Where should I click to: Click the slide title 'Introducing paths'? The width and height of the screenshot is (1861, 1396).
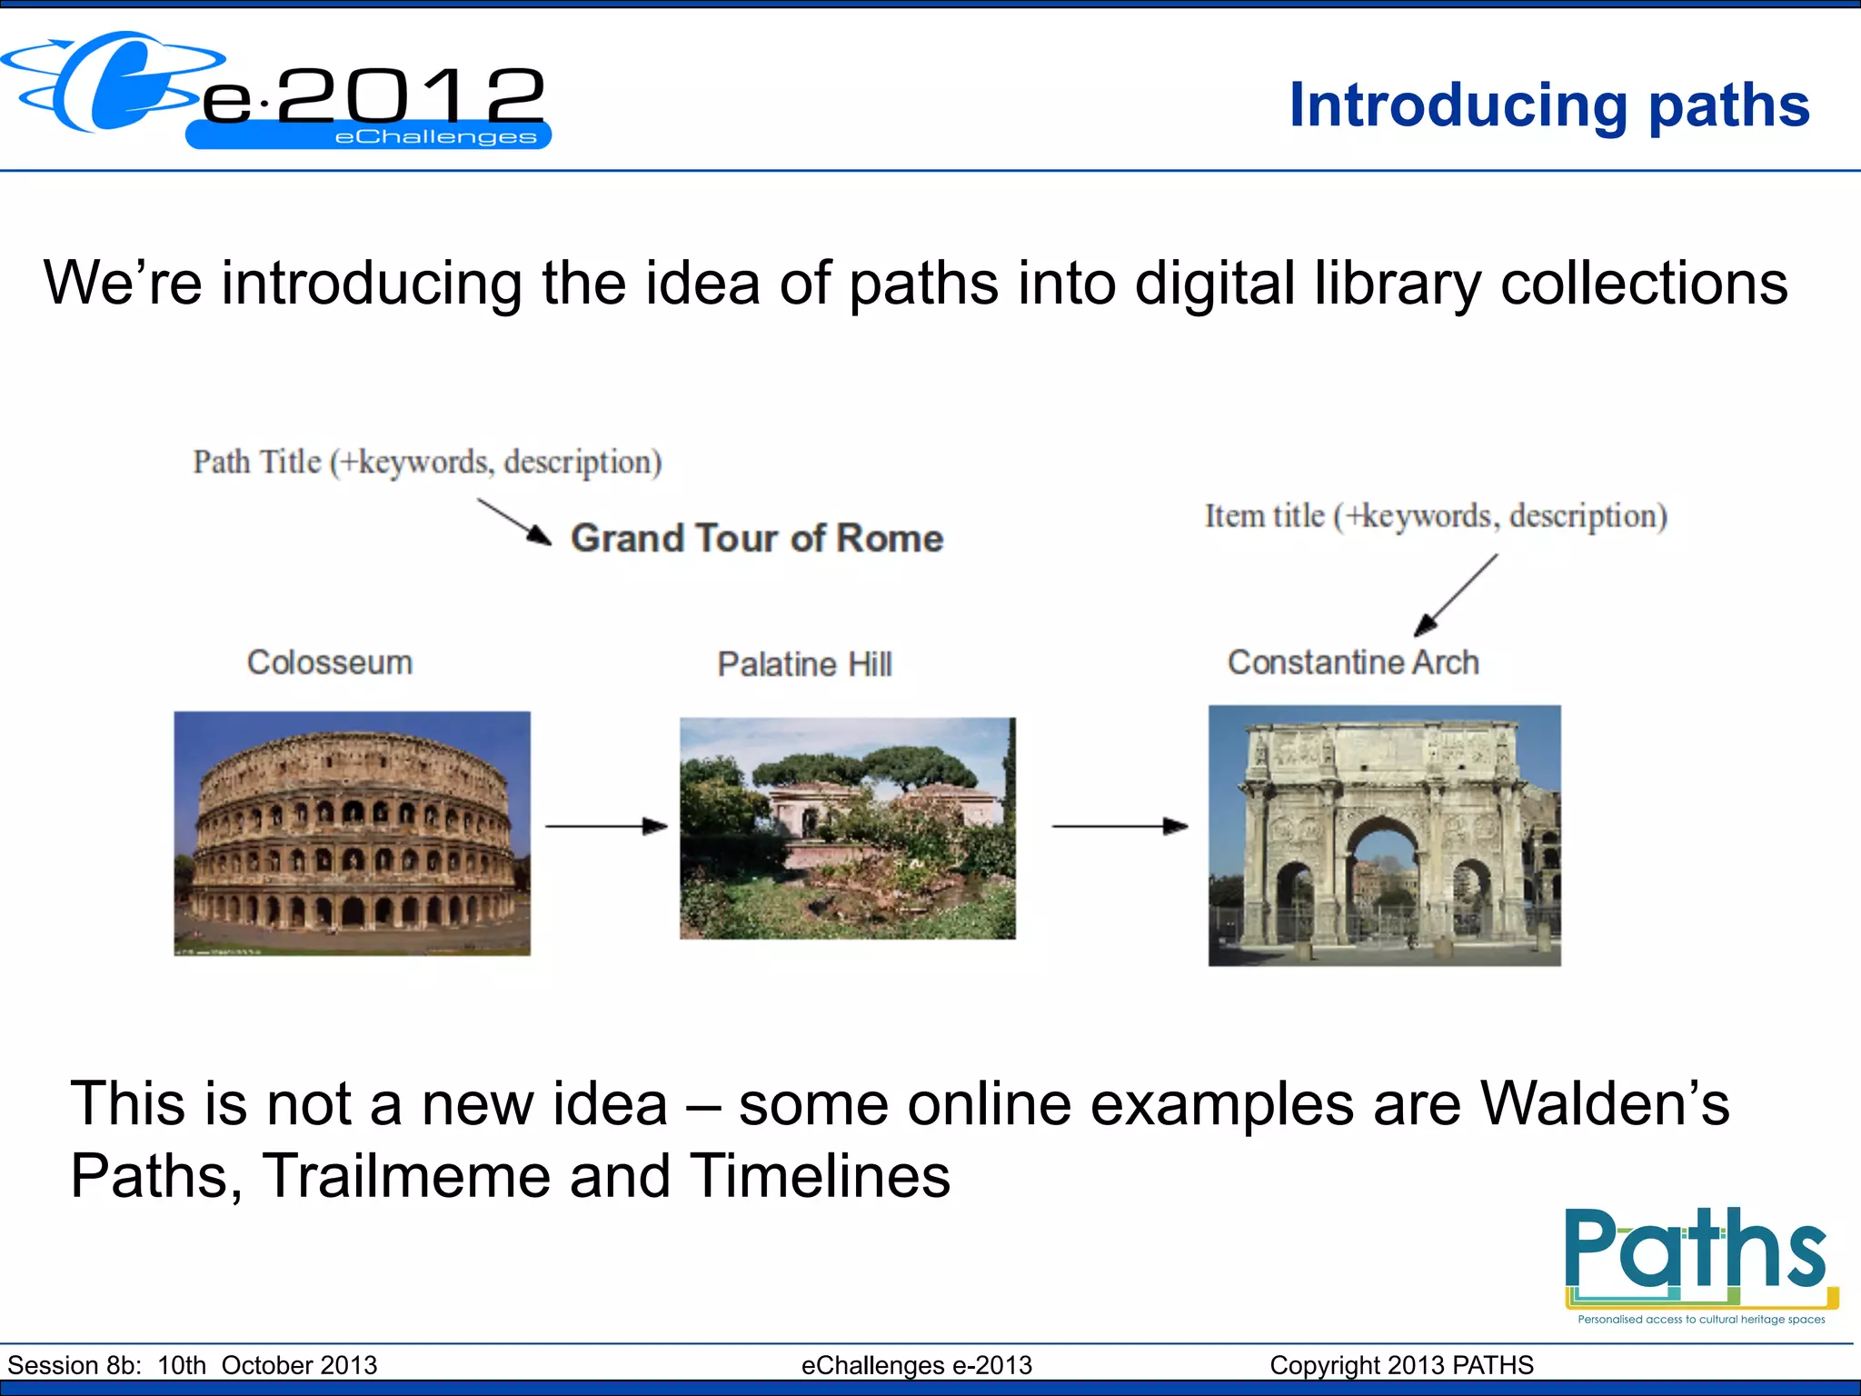(1549, 105)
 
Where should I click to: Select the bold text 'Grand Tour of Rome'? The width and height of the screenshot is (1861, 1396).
(757, 538)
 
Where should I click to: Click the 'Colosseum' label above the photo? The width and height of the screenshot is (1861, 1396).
(330, 663)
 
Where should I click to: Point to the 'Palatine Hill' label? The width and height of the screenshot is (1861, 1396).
(804, 664)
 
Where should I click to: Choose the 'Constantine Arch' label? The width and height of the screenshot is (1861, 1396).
(1353, 663)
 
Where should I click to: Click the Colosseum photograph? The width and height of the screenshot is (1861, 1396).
(353, 833)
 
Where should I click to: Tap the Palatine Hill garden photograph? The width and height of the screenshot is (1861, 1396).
(848, 828)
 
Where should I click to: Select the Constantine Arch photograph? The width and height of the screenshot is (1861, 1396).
(1384, 835)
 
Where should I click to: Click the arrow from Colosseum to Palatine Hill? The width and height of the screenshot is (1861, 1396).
(606, 826)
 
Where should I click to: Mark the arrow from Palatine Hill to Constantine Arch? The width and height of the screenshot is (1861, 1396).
(1120, 826)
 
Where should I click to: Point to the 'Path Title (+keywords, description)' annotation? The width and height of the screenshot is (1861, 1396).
(427, 462)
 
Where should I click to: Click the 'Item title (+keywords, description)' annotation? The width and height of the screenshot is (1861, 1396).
(1436, 516)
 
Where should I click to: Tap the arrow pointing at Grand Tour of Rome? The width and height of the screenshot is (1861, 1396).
(514, 522)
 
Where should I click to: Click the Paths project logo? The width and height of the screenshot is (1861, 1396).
(1699, 1263)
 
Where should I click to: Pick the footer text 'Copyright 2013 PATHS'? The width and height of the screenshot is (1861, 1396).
(1401, 1365)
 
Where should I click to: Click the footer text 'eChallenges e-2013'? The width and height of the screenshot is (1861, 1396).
(916, 1365)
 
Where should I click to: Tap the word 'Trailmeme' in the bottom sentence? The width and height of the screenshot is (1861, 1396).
(406, 1175)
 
